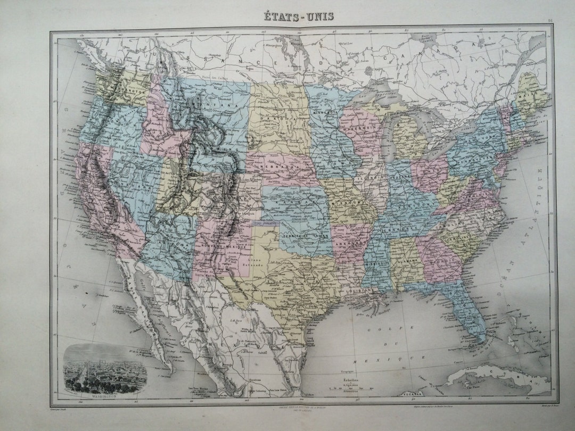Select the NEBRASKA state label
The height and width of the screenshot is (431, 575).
(x=274, y=166)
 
